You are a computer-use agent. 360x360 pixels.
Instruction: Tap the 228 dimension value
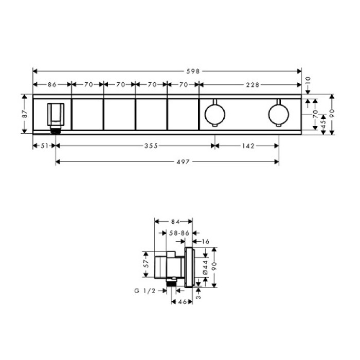point(252,84)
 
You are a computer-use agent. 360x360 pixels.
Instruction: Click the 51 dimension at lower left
point(44,146)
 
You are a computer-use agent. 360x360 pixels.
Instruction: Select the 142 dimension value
point(247,146)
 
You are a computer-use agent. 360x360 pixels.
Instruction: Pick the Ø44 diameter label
point(205,266)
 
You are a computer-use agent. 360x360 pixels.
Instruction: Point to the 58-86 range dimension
point(179,233)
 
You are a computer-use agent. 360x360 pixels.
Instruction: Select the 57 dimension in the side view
point(146,265)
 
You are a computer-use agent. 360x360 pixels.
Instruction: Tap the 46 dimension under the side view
point(182,303)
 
